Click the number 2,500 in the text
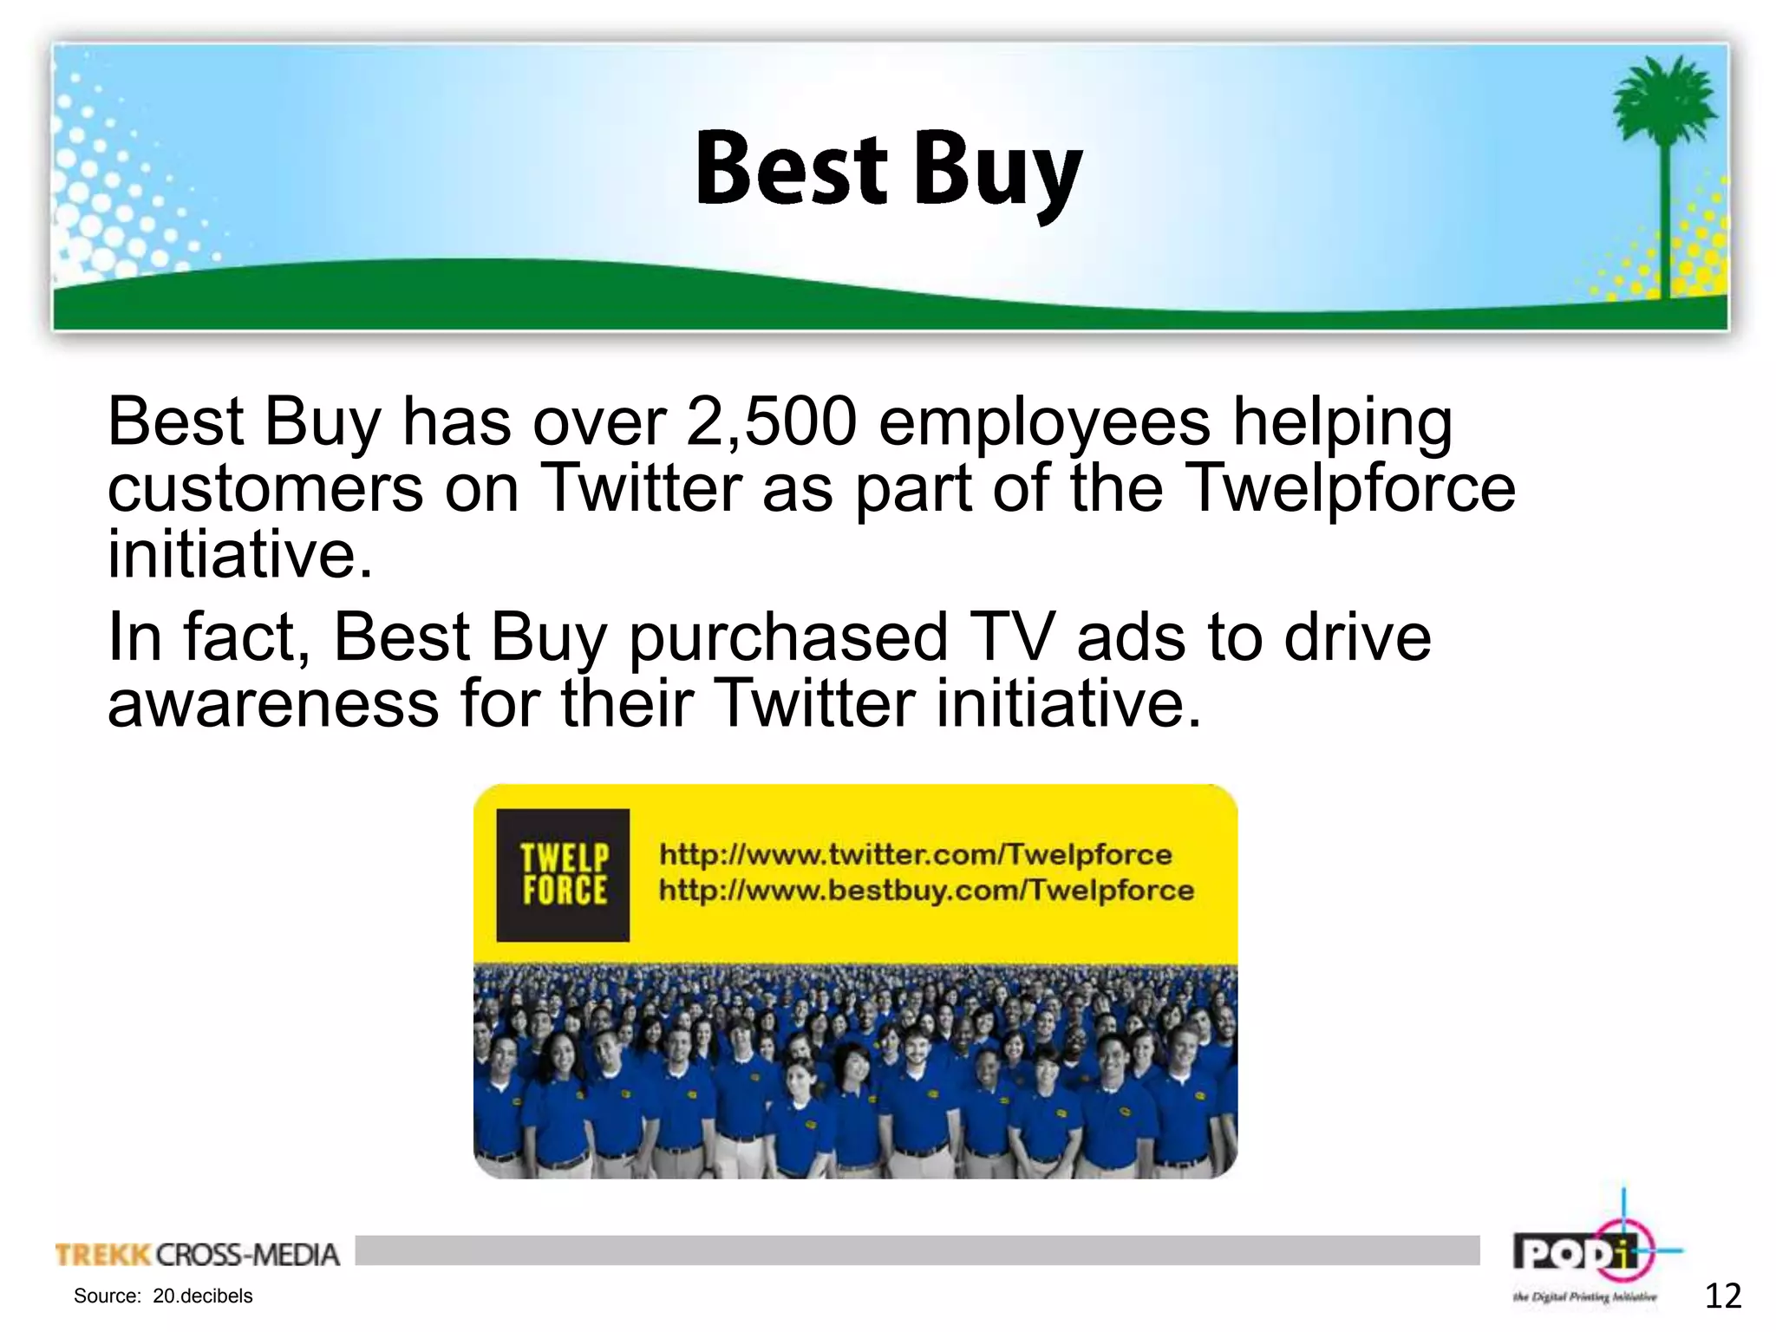click(771, 422)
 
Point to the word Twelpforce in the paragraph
click(1349, 487)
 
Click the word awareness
click(273, 703)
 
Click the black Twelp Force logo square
click(563, 875)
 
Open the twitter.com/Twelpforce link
click(916, 855)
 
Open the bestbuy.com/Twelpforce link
click(926, 891)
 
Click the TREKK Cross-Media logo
click(198, 1255)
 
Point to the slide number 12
click(1722, 1296)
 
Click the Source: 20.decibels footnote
click(163, 1296)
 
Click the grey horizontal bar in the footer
click(917, 1250)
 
